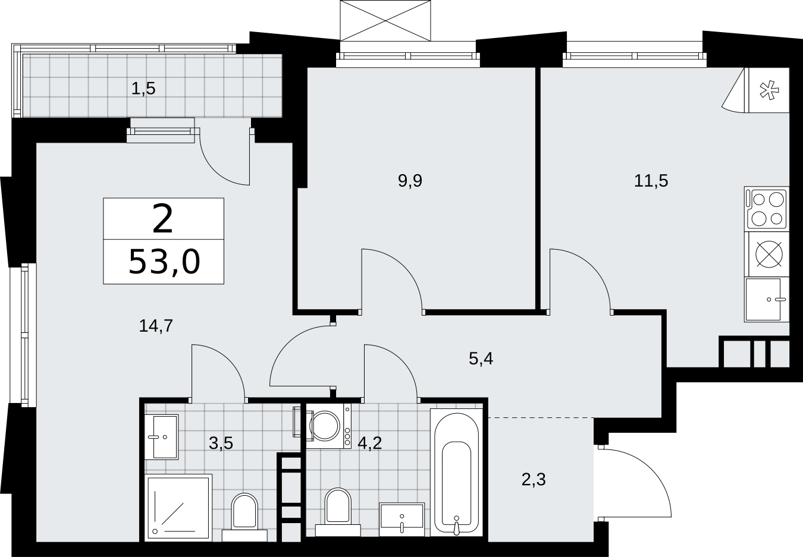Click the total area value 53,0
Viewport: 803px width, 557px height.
[x=164, y=262]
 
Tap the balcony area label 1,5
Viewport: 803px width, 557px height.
[x=143, y=89]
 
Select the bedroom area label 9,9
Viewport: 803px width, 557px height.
[x=410, y=181]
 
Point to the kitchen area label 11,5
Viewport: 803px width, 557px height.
[x=651, y=181]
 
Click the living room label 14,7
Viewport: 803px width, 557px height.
[x=156, y=326]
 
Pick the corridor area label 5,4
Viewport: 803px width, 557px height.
[x=481, y=358]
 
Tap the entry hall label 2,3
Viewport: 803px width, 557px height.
[x=534, y=480]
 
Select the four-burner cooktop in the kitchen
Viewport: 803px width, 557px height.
[x=767, y=209]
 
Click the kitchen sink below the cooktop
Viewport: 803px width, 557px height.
[x=767, y=300]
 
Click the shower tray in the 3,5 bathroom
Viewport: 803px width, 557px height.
[x=178, y=508]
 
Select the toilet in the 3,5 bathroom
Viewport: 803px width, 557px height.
[x=244, y=518]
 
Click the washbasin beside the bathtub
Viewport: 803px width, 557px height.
[x=402, y=520]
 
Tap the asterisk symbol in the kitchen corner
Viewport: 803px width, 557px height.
[x=769, y=90]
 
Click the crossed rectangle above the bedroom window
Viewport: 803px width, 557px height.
[x=385, y=20]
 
